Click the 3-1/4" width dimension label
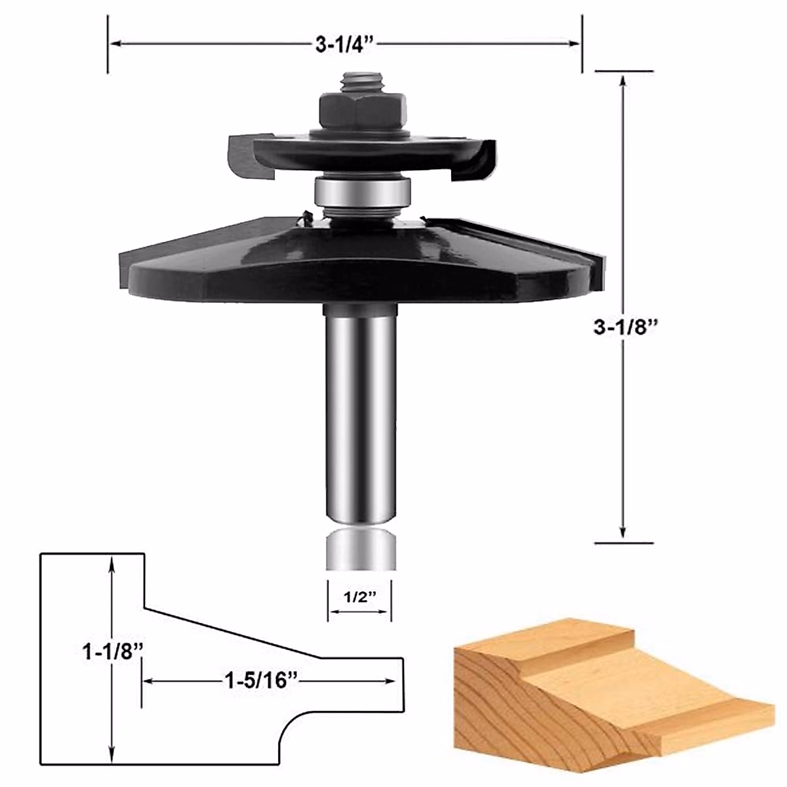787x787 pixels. click(x=344, y=44)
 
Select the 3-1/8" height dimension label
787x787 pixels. click(x=625, y=326)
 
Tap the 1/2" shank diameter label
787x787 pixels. click(x=359, y=597)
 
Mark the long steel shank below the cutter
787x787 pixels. click(x=360, y=413)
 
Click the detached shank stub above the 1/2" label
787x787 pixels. click(x=360, y=550)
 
